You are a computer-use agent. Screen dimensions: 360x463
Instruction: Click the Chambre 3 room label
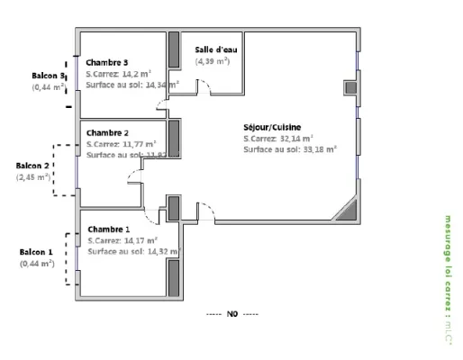(106, 62)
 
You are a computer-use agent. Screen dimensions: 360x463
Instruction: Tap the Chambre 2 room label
(107, 132)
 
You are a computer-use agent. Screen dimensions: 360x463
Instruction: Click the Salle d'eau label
(213, 49)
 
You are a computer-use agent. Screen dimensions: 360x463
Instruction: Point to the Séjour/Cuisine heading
(272, 127)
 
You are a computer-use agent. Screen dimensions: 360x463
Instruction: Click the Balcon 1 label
(38, 252)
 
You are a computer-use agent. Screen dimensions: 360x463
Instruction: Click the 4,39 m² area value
(213, 60)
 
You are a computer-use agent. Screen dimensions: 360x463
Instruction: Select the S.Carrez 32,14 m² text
(278, 139)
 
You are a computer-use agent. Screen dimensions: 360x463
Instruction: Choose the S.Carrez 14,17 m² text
(123, 240)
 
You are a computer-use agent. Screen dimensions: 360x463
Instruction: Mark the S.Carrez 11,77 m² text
(122, 143)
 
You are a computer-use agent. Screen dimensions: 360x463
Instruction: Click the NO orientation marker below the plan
(231, 314)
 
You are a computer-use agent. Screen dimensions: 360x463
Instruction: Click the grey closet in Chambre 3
(174, 60)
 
